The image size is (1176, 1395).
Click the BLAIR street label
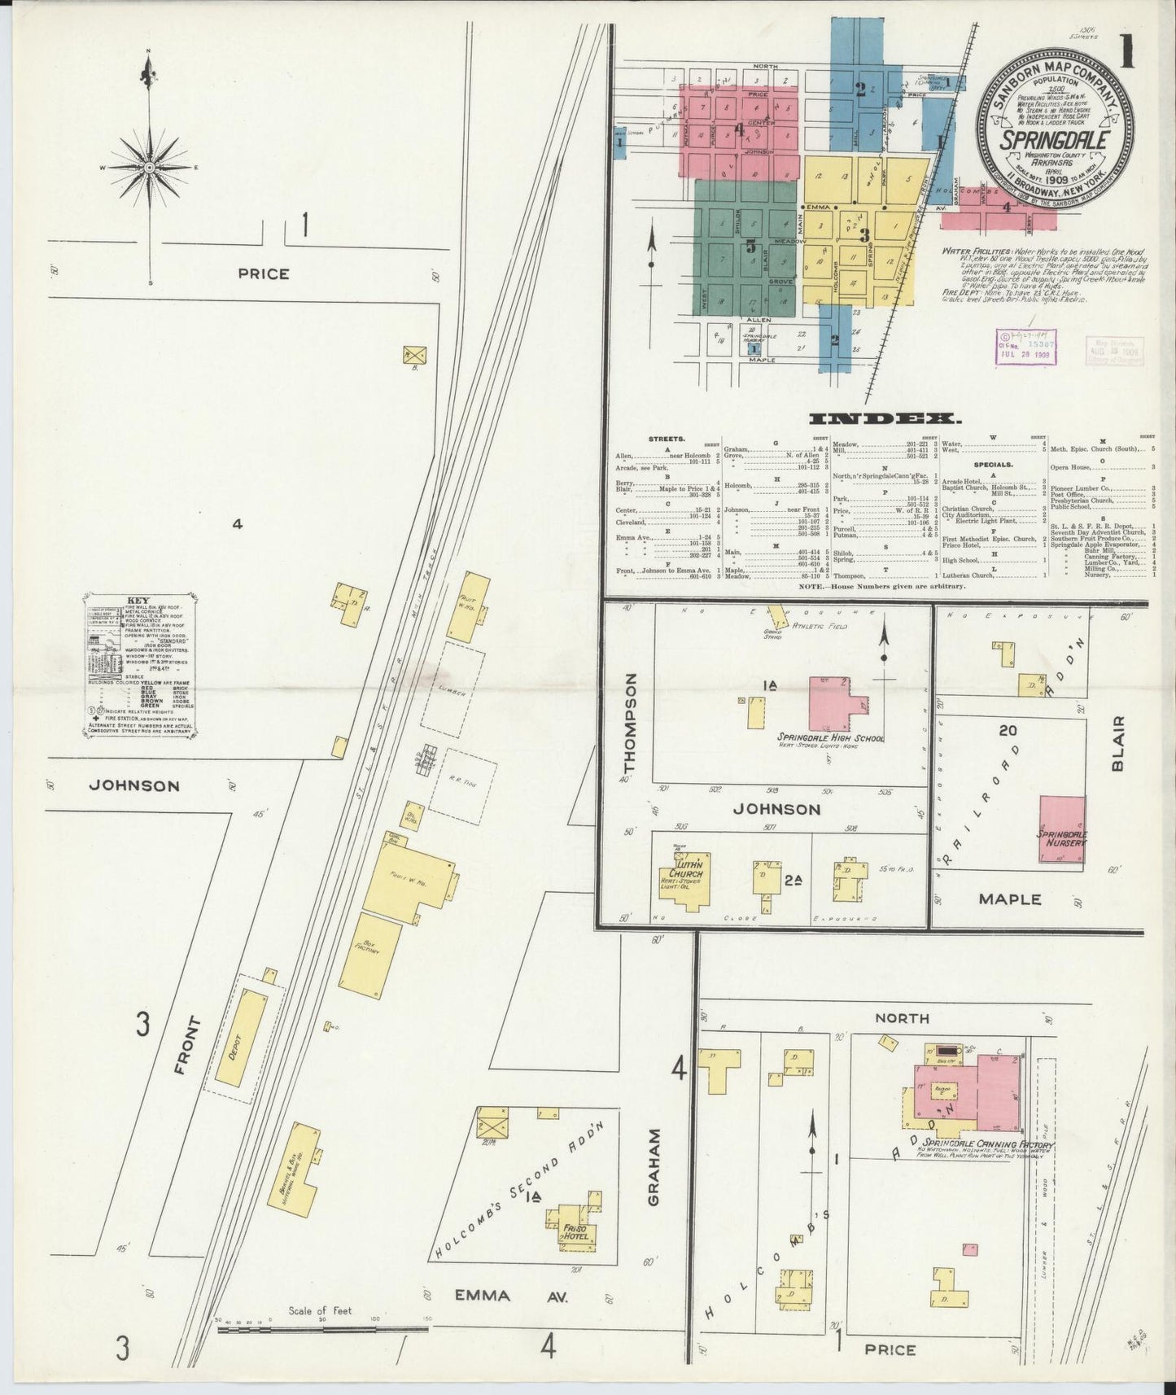pyautogui.click(x=1117, y=743)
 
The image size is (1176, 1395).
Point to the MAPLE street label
pyautogui.click(x=1009, y=899)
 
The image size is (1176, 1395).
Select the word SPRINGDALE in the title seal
pyautogui.click(x=1053, y=139)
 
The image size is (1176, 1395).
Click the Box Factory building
pyautogui.click(x=371, y=957)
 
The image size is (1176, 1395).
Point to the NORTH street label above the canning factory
pyautogui.click(x=902, y=1017)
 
